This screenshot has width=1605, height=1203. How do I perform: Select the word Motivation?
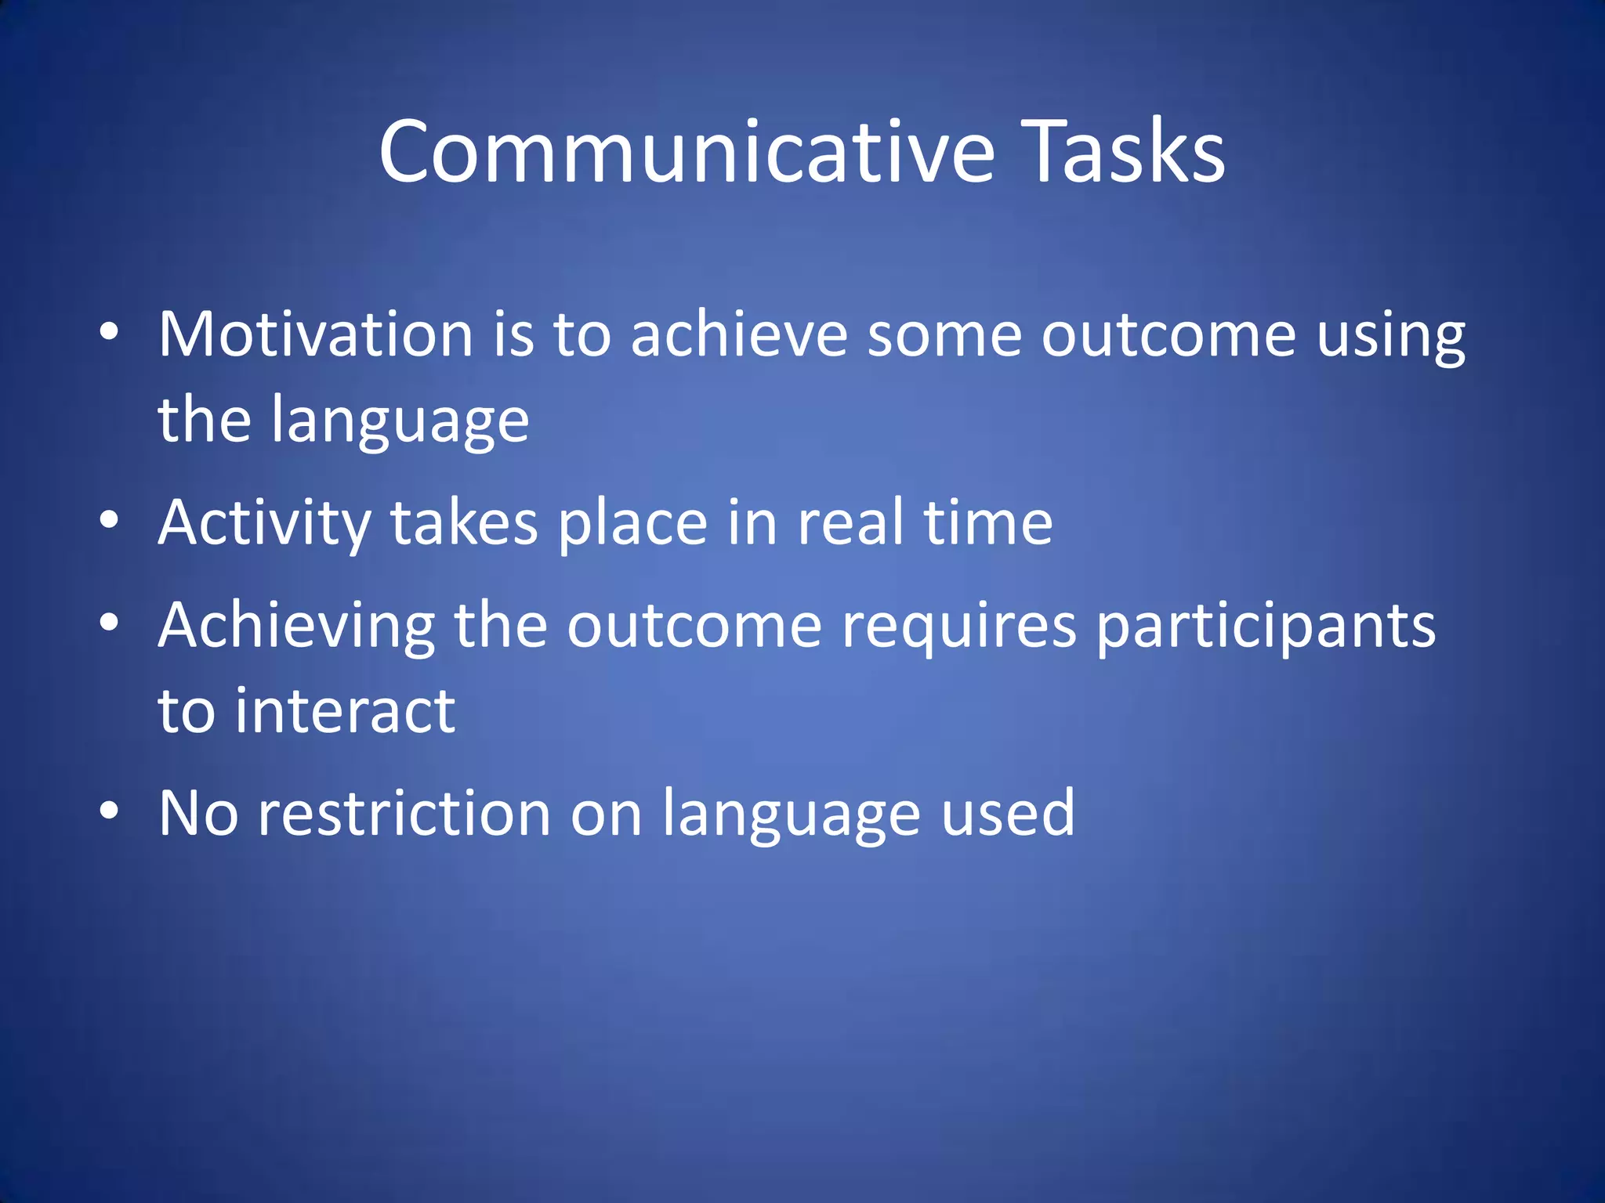coord(315,334)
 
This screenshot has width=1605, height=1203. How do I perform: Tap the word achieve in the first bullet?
coord(738,334)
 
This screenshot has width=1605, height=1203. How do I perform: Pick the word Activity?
coord(264,523)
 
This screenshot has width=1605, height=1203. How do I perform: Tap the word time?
coord(988,522)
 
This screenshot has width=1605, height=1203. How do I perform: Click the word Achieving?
coord(296,627)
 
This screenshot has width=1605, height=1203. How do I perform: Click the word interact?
coord(345,711)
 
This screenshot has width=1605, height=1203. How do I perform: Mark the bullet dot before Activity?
coord(109,519)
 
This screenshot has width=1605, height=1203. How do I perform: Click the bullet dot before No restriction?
coord(109,810)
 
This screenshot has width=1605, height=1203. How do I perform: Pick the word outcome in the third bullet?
coord(694,626)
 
